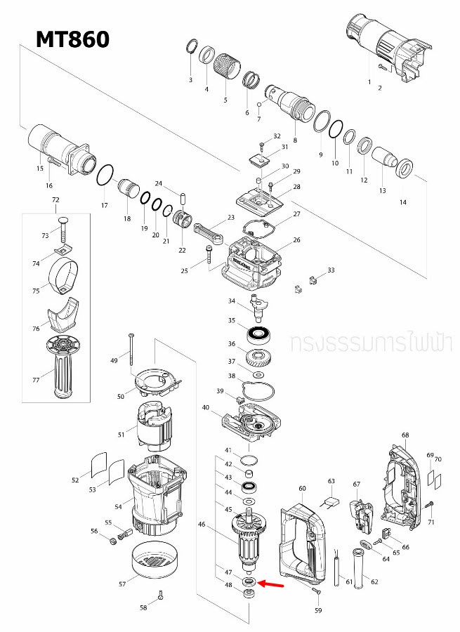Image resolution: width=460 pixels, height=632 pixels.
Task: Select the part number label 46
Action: (x=202, y=524)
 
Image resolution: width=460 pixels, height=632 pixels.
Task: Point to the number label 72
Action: (x=56, y=200)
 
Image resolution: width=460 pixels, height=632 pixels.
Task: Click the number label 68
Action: (x=405, y=435)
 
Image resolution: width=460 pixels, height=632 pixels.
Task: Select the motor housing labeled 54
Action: (x=155, y=492)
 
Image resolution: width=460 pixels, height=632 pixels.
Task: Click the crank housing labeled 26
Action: (x=253, y=263)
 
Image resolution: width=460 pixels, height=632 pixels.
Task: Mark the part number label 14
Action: (x=402, y=202)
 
